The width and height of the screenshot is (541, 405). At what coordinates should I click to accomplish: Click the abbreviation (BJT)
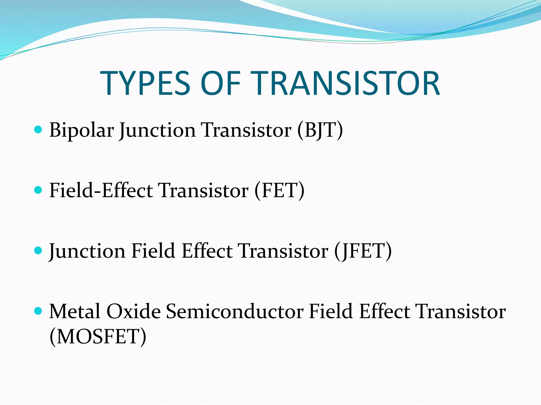pos(320,130)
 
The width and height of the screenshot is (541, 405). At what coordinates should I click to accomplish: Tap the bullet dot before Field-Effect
pos(38,190)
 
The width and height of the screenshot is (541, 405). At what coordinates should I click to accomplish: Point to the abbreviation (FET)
pos(279,190)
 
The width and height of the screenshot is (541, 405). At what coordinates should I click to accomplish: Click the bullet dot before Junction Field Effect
pos(38,250)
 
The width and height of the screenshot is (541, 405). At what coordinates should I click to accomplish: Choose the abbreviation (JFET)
pos(363,251)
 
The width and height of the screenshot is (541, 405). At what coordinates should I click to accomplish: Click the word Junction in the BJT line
pos(157,130)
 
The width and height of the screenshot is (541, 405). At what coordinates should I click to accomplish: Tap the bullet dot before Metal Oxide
pos(38,311)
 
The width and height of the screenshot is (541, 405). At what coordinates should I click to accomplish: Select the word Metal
pos(75,312)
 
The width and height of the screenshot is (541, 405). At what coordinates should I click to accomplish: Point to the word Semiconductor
pos(235,312)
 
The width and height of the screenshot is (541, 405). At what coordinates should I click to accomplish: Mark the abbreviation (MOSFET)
pos(98,337)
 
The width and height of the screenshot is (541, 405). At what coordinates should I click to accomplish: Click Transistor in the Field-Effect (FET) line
pos(203,190)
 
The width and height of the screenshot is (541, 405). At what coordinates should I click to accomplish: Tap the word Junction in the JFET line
pos(87,251)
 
